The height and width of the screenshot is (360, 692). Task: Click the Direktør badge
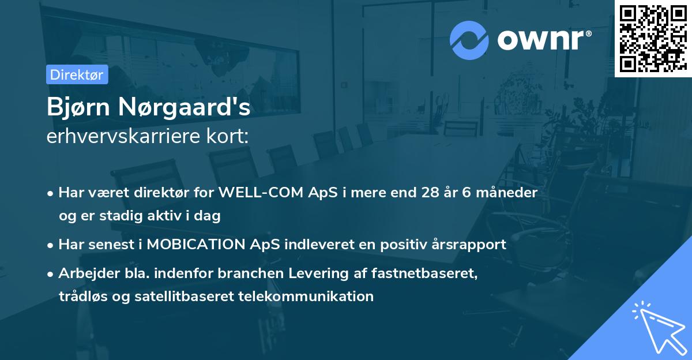pos(77,74)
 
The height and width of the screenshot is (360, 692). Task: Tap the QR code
pos(653,38)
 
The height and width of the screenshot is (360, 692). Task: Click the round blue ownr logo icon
pos(469,40)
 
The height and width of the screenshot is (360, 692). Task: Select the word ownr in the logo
pos(541,40)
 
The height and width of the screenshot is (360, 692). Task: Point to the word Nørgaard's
pos(184,107)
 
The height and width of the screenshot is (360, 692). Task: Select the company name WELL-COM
pos(261,193)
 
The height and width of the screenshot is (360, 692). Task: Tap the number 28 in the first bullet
pos(430,193)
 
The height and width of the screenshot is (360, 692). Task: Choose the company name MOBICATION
pos(196,245)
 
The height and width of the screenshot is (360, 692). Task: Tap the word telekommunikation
pos(306,297)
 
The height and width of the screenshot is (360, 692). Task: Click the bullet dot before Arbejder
pos(50,274)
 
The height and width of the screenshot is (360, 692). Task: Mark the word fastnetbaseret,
pos(424,273)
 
